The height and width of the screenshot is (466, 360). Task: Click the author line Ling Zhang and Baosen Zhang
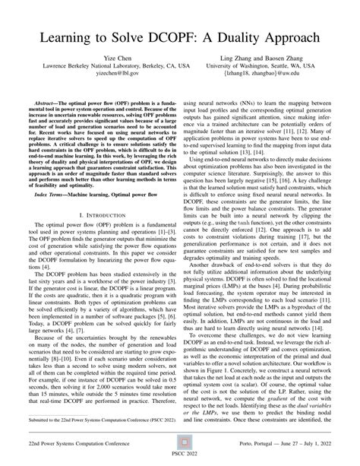tap(264, 59)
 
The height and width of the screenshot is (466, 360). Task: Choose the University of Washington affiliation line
tap(264, 68)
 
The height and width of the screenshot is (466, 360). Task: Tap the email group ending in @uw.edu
tap(264, 76)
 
